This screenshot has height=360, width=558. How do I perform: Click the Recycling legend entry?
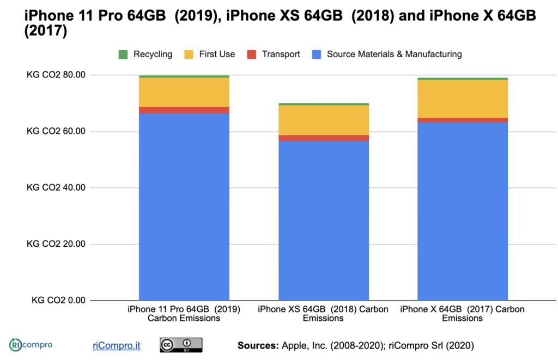[145, 54]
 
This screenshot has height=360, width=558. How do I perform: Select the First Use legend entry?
[210, 54]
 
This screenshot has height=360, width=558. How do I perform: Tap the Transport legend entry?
[274, 54]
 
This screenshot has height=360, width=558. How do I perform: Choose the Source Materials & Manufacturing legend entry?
[387, 54]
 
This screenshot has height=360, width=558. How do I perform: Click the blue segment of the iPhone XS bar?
[323, 221]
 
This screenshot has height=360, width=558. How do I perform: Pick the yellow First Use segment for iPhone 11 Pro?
[184, 92]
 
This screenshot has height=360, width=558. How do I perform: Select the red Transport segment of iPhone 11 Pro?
[184, 110]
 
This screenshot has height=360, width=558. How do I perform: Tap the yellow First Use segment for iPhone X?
[463, 99]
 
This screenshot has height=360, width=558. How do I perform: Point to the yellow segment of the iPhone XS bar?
[323, 120]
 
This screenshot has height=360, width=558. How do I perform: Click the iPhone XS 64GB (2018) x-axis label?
[323, 313]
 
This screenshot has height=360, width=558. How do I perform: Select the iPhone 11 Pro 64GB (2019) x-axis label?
[184, 313]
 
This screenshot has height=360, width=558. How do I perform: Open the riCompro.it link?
[116, 345]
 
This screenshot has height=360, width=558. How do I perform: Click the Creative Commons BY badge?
[180, 345]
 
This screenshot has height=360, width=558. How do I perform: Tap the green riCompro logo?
[31, 345]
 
